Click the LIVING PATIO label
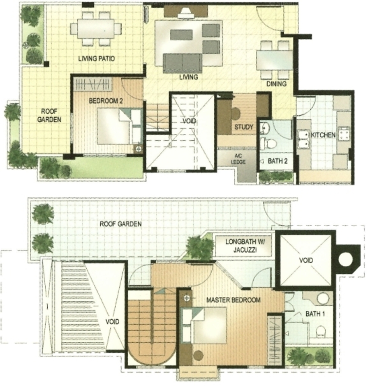pos(97,59)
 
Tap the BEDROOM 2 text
pos(106,101)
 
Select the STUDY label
pos(243,127)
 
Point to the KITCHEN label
pos(323,135)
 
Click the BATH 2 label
pos(278,161)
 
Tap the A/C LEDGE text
pos(238,159)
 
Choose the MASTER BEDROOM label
pos(233,300)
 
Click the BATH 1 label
pos(315,314)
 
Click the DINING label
pos(277,84)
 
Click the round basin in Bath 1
pos(323,299)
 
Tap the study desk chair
pos(236,114)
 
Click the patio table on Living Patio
pos(96,29)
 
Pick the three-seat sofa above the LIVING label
pos(183,63)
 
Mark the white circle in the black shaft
pos(345,259)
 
